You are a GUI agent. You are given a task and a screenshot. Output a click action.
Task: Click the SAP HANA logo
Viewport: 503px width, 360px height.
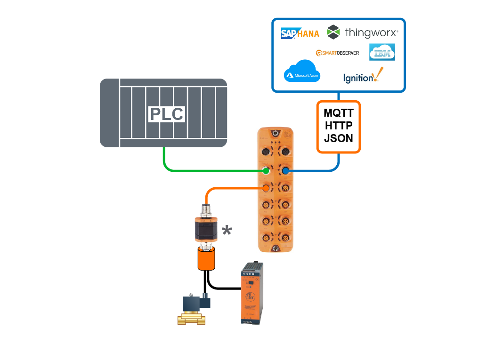pos(300,33)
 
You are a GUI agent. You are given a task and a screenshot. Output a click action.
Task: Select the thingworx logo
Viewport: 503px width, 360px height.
pos(363,32)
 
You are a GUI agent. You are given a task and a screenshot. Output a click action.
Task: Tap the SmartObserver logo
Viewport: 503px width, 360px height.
pos(337,53)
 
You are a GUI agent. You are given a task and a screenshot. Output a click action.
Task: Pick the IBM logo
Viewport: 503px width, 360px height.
pos(382,52)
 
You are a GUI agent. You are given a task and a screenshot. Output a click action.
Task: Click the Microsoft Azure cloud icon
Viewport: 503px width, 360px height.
pos(302,71)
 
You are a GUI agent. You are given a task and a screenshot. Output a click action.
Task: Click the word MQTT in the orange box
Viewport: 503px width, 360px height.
pos(339,113)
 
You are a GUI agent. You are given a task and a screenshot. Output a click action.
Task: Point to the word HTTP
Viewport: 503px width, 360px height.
pos(339,126)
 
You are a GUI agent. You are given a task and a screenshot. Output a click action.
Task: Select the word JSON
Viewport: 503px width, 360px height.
pos(339,139)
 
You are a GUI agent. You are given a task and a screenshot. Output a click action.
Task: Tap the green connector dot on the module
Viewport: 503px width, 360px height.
pos(266,170)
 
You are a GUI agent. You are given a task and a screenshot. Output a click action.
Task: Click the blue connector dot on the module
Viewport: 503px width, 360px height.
pos(285,170)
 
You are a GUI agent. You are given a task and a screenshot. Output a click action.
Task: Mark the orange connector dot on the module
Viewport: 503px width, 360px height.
pos(266,188)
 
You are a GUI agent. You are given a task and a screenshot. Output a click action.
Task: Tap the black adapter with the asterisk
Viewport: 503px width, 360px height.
pos(205,231)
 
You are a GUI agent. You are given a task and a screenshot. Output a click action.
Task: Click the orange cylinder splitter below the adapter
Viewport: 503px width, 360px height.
pos(206,259)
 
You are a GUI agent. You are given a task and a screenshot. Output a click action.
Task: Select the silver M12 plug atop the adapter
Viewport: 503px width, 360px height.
pos(205,209)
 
